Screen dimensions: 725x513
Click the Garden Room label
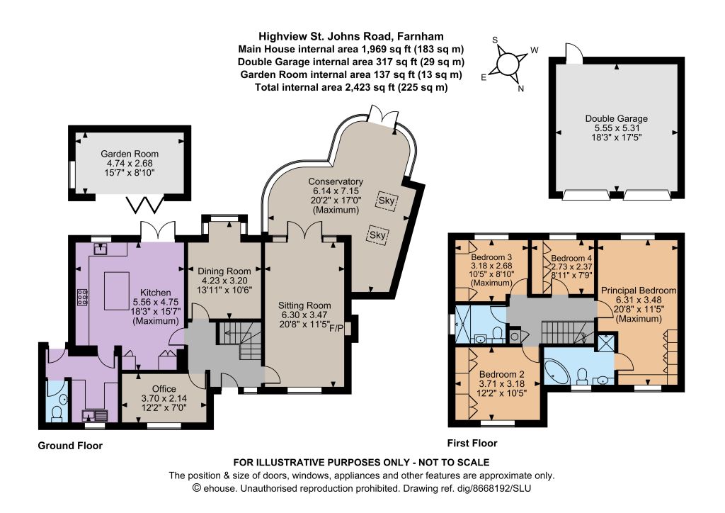pyautogui.click(x=130, y=154)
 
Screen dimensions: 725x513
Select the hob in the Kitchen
pyautogui.click(x=82, y=297)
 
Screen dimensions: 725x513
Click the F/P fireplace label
pyautogui.click(x=336, y=328)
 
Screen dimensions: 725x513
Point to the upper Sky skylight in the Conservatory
pyautogui.click(x=387, y=201)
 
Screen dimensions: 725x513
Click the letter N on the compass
pyautogui.click(x=520, y=89)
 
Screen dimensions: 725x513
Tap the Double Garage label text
pyautogui.click(x=617, y=118)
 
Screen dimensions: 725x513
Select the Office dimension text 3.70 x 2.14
pyautogui.click(x=164, y=398)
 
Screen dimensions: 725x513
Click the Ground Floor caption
pyautogui.click(x=70, y=446)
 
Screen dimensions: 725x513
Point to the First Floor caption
pyautogui.click(x=472, y=443)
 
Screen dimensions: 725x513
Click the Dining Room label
pyautogui.click(x=224, y=271)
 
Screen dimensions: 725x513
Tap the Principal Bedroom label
pyautogui.click(x=639, y=291)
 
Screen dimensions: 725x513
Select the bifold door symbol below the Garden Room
pyautogui.click(x=145, y=205)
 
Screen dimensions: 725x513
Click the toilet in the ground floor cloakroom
pyautogui.click(x=57, y=414)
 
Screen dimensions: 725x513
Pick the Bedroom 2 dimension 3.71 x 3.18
pyautogui.click(x=502, y=383)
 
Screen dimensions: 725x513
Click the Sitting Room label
pyautogui.click(x=304, y=305)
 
